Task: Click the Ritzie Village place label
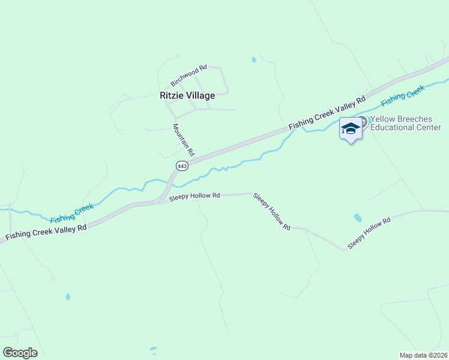click(x=187, y=95)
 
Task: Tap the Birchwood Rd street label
click(x=188, y=75)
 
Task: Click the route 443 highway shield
click(x=182, y=165)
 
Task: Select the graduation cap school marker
click(x=351, y=128)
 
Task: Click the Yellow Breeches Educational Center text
click(x=405, y=123)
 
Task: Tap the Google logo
click(x=20, y=353)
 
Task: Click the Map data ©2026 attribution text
click(x=424, y=355)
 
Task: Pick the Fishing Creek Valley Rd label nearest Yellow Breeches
click(x=327, y=113)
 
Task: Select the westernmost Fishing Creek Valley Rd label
click(x=46, y=231)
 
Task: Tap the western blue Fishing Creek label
click(x=72, y=213)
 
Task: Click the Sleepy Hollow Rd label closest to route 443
click(x=194, y=196)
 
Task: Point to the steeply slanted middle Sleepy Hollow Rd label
click(x=271, y=212)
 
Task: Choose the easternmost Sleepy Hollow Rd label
click(x=369, y=233)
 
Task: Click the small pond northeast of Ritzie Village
click(x=254, y=60)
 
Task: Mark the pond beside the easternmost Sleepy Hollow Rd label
click(x=358, y=217)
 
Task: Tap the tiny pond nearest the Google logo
click(x=153, y=349)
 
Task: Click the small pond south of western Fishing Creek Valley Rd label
click(x=68, y=296)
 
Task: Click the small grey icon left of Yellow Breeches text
click(x=361, y=121)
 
